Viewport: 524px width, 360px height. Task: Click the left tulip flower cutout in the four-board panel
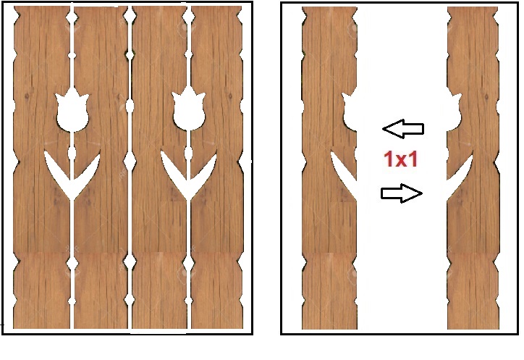click(72, 110)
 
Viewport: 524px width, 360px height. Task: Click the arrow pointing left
click(403, 128)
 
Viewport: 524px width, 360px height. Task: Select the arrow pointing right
click(402, 193)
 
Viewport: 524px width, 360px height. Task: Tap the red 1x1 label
click(401, 159)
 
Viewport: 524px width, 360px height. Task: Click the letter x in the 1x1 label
click(401, 161)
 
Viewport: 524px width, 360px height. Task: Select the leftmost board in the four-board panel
click(42, 167)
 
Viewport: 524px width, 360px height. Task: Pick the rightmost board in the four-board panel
click(217, 167)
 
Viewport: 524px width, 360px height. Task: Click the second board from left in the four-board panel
click(101, 167)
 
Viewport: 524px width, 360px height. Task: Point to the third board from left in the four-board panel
click(159, 167)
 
